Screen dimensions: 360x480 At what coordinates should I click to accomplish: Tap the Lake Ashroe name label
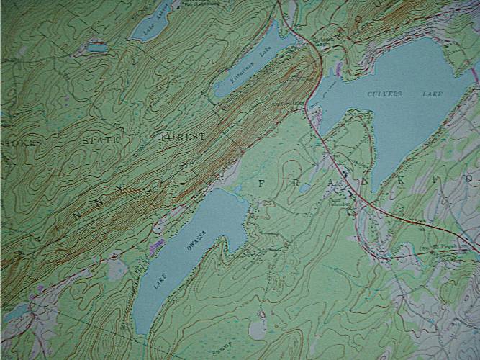point(155,19)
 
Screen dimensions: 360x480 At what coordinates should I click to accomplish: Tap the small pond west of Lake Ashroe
point(96,48)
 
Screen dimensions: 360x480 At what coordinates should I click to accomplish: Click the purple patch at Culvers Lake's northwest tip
point(338,68)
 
